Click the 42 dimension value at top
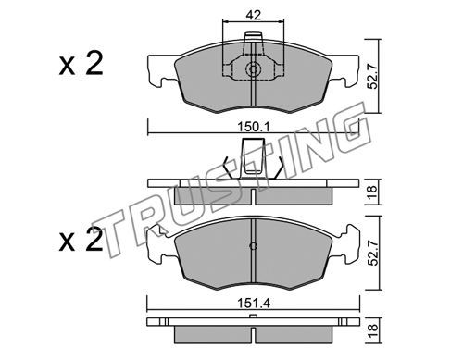[x=253, y=15]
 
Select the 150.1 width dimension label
[x=254, y=127]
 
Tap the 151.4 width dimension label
[x=254, y=304]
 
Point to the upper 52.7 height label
[x=373, y=76]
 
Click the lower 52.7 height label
[x=373, y=253]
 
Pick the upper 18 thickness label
[x=373, y=192]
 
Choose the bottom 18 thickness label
[x=373, y=330]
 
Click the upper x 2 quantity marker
[x=81, y=64]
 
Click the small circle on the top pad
[x=253, y=69]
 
